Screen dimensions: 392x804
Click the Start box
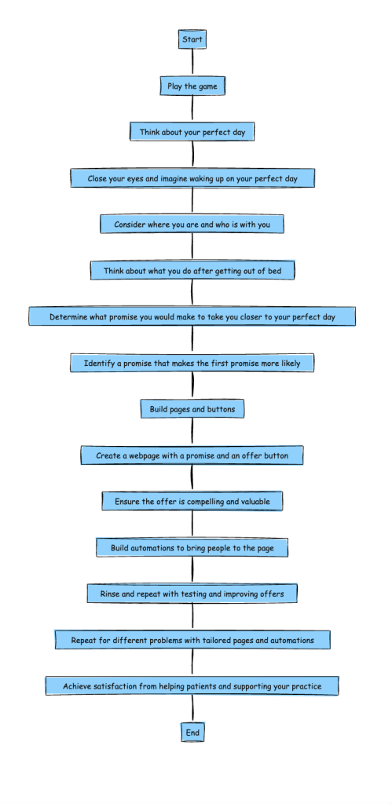(x=192, y=39)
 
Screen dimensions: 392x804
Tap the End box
(x=192, y=733)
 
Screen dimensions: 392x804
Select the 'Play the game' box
(x=192, y=86)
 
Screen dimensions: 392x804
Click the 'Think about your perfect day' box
(x=192, y=132)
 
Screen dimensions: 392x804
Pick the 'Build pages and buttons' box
(x=192, y=409)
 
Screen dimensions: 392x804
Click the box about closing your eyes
(x=192, y=178)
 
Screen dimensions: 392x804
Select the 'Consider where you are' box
(x=192, y=224)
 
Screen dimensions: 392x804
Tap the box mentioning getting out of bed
(x=192, y=271)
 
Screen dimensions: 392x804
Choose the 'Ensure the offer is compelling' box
(x=192, y=502)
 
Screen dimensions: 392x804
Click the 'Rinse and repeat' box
(x=192, y=594)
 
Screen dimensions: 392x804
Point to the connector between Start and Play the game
(x=192, y=63)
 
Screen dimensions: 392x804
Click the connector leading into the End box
(x=192, y=709)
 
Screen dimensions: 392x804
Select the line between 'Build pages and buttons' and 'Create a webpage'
(x=192, y=432)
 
